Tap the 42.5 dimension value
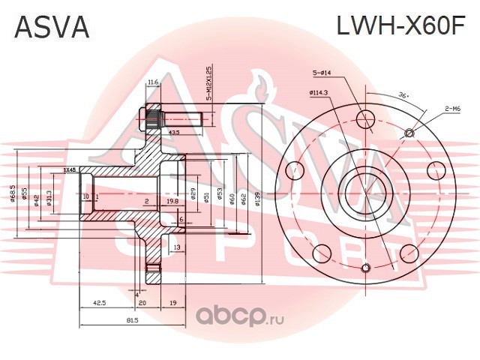[x=98, y=302]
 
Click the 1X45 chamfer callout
[x=70, y=170]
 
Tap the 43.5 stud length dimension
[x=175, y=132]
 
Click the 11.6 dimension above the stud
[x=153, y=82]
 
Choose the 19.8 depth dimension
[x=172, y=201]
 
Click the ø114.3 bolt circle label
[x=319, y=93]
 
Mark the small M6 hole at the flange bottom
[x=365, y=268]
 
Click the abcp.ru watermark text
[x=240, y=318]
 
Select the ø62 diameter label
[x=244, y=198]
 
